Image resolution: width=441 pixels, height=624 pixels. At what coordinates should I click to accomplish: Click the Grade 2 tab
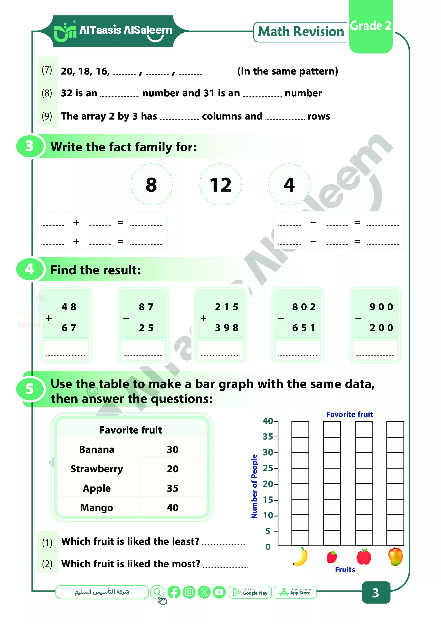coord(371,26)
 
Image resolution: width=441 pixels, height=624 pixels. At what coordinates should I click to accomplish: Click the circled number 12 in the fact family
coord(220,184)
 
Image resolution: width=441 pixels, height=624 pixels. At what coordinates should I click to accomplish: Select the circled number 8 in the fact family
coord(151,184)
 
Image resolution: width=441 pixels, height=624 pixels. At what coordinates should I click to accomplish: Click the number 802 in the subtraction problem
coord(304,307)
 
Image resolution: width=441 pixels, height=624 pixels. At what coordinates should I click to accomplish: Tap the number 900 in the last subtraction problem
coord(381,307)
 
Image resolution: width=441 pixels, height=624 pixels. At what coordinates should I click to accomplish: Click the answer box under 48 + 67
coord(65,349)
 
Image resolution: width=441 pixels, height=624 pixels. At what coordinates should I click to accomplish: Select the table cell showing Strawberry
coord(97,469)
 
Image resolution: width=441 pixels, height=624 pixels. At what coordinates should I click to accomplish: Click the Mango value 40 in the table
coord(172,508)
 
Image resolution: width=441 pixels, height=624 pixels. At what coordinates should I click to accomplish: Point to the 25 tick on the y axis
coord(268,468)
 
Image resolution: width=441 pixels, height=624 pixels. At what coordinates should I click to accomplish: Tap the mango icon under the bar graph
coord(395,556)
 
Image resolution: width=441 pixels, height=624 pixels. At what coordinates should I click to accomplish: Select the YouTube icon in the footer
coord(219,592)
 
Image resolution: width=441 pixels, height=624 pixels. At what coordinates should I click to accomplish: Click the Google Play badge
coord(250,592)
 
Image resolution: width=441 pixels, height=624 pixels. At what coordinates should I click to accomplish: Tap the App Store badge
coord(295,592)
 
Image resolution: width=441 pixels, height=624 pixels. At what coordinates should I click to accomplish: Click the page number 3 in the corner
coord(376,593)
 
